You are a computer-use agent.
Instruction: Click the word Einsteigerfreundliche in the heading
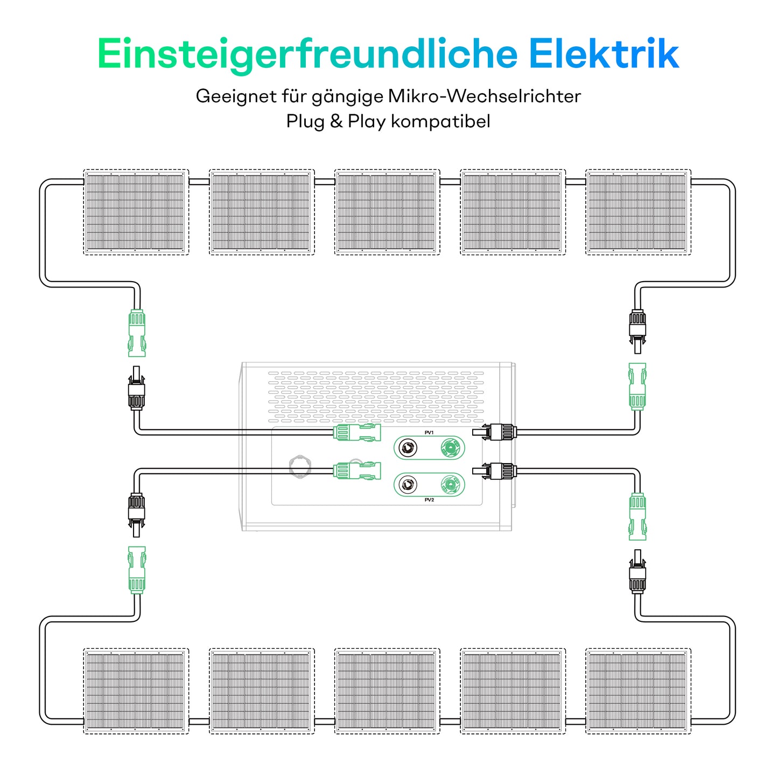[x=307, y=54]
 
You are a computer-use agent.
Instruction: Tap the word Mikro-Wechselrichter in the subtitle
[x=484, y=96]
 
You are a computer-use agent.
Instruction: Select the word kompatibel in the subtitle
[x=440, y=121]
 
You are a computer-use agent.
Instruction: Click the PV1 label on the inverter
[x=429, y=433]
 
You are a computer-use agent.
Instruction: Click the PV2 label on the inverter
[x=429, y=500]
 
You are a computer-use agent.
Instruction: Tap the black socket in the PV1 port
[x=408, y=447]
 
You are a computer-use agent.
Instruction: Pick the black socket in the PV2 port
[x=408, y=485]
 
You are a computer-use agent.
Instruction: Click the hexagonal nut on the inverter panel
[x=300, y=466]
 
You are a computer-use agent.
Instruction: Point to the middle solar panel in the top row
[x=387, y=212]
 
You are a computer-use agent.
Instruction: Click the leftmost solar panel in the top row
[x=136, y=212]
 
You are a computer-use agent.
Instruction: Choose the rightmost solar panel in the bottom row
[x=638, y=691]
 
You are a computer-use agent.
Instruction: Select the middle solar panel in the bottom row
[x=387, y=691]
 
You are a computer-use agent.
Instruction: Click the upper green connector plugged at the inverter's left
[x=357, y=432]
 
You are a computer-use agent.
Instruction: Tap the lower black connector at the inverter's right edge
[x=495, y=471]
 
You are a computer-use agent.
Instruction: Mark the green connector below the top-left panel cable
[x=137, y=332]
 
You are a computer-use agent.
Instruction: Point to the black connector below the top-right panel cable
[x=637, y=330]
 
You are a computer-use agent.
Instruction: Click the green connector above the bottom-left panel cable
[x=137, y=570]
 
